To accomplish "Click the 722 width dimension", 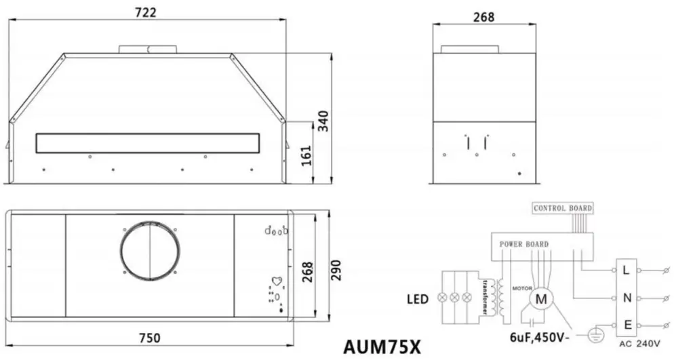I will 146,12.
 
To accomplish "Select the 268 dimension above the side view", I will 483,16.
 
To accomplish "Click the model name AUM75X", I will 382,346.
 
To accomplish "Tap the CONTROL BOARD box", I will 562,208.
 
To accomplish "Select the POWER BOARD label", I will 524,244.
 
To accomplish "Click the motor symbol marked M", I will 542,297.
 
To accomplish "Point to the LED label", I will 417,298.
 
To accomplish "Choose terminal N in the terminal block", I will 628,298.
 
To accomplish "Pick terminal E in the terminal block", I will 628,325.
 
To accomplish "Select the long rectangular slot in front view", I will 148,143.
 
